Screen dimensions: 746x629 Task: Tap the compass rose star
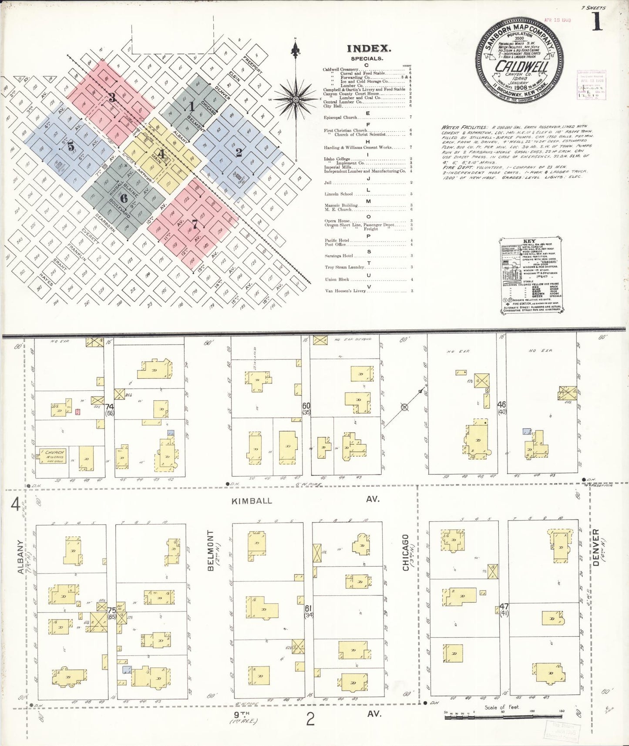(x=296, y=100)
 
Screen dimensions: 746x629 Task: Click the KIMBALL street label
(x=252, y=501)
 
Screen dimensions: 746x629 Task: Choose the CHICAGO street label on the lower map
(x=406, y=552)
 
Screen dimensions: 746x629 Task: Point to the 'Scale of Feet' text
(x=502, y=707)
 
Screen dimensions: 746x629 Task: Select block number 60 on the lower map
(x=306, y=406)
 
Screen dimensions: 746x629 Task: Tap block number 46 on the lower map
(x=501, y=405)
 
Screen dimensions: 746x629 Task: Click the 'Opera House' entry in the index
(x=338, y=221)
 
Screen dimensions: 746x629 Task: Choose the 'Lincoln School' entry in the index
(x=338, y=194)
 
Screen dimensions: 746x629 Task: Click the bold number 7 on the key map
(x=195, y=225)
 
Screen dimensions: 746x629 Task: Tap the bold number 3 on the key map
(x=111, y=97)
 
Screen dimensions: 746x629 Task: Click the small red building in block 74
(x=78, y=411)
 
